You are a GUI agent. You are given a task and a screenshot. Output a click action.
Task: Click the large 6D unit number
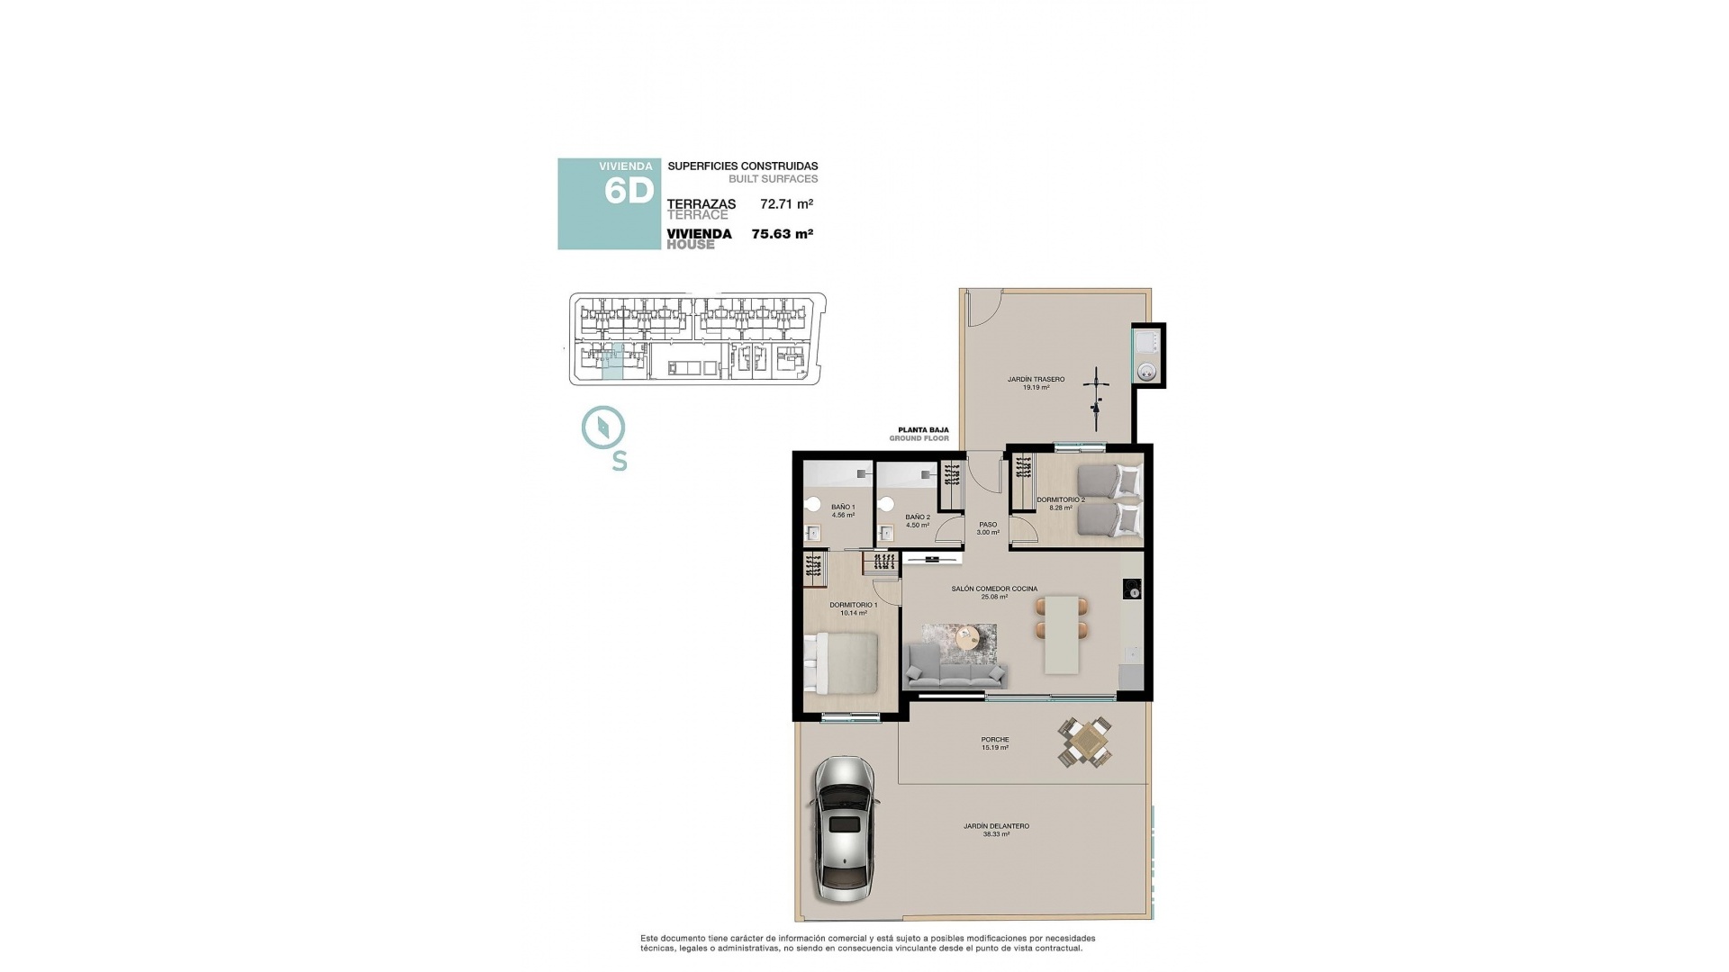pyautogui.click(x=628, y=192)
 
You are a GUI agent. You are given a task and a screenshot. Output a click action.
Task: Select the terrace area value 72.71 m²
pyautogui.click(x=786, y=204)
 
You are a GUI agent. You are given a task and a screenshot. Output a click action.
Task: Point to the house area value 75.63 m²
pyautogui.click(x=782, y=234)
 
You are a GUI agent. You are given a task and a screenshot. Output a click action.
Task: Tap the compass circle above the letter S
pyautogui.click(x=603, y=427)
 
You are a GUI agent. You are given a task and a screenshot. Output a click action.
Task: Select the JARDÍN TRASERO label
pyautogui.click(x=1036, y=380)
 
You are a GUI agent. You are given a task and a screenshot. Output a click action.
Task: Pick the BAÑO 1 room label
pyautogui.click(x=843, y=508)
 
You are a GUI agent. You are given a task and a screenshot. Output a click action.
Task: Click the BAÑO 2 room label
pyautogui.click(x=918, y=517)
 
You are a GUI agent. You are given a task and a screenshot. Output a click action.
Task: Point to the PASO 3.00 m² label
pyautogui.click(x=988, y=528)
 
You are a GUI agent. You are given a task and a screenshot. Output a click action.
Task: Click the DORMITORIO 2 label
pyautogui.click(x=1060, y=499)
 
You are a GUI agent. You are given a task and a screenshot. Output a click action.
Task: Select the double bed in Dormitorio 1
pyautogui.click(x=842, y=662)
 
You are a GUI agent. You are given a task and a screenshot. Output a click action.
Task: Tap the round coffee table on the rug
pyautogui.click(x=968, y=637)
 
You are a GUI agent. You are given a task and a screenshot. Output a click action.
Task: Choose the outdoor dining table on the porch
pyautogui.click(x=1085, y=742)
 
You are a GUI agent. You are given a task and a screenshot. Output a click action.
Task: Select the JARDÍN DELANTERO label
pyautogui.click(x=996, y=826)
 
